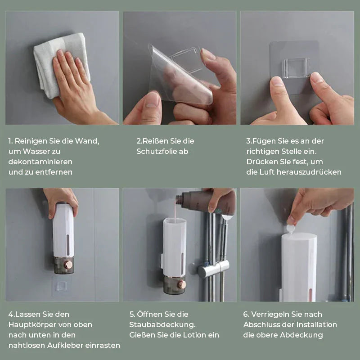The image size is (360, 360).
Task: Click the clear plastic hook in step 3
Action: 296,68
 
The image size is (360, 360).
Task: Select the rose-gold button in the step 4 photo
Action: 68,265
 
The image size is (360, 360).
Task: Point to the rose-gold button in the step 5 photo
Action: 182,284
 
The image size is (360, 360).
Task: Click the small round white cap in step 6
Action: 290,229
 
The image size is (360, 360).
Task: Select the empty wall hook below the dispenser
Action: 61,286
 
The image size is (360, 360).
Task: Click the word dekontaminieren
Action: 40,162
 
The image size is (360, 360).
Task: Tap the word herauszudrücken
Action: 309,172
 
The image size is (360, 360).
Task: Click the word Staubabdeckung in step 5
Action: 162,325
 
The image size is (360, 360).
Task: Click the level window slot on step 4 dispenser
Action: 68,245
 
